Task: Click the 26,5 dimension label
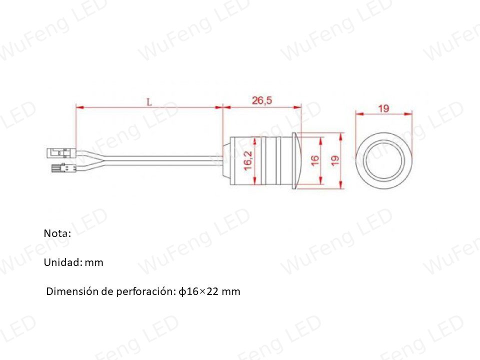[261, 100]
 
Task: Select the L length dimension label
[149, 102]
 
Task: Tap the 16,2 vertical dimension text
[248, 160]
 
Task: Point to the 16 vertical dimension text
[315, 160]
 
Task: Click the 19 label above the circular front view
[383, 108]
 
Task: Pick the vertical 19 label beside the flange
[335, 160]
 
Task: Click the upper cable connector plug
[61, 153]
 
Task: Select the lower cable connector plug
[63, 168]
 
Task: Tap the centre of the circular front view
[384, 161]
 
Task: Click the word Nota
[57, 233]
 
